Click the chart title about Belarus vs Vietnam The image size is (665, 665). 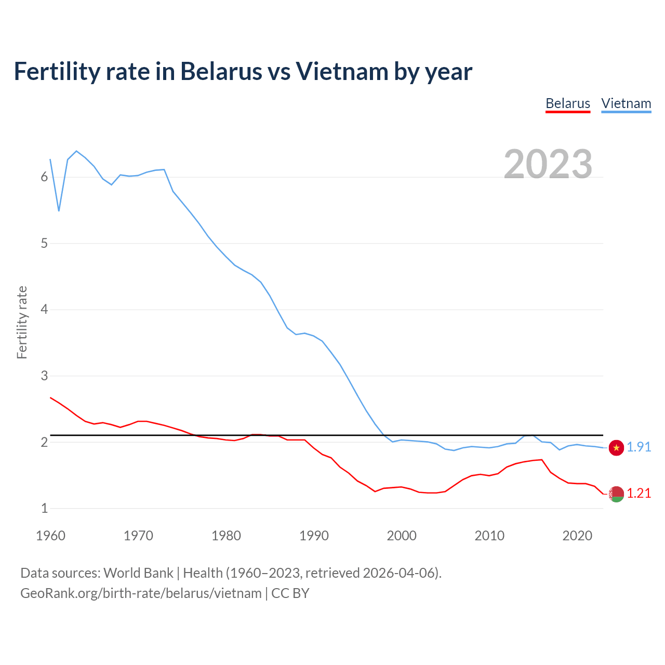point(243,71)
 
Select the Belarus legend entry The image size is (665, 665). point(567,104)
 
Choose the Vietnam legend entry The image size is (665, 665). point(626,104)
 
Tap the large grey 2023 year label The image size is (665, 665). point(548,164)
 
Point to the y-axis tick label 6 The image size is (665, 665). point(44,177)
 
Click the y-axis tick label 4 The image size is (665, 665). point(44,310)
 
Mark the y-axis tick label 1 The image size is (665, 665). point(44,509)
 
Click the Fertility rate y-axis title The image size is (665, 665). point(22,322)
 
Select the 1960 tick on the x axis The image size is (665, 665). point(50,536)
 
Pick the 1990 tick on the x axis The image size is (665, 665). point(314,536)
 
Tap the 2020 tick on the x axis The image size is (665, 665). point(577,536)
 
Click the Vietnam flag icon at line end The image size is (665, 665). point(616,448)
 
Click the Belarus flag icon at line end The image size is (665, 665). point(616,494)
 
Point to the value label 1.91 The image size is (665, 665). point(639,447)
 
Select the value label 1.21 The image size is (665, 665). point(639,494)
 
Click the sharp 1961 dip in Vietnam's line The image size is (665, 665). point(59,211)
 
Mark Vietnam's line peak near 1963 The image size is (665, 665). point(76,151)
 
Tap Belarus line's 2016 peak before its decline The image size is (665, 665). point(542,460)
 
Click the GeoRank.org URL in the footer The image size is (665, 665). point(141,593)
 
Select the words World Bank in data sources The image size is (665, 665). point(138,573)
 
